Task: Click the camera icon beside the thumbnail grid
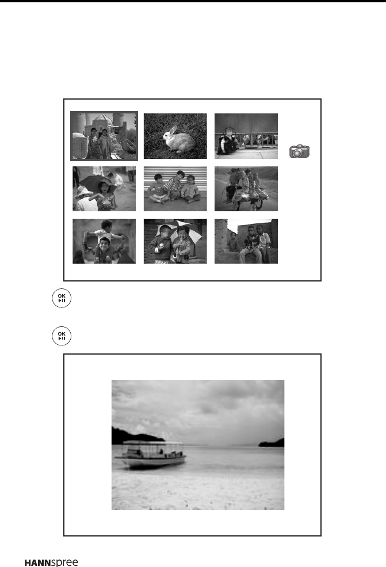pyautogui.click(x=300, y=151)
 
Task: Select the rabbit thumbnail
pyautogui.click(x=175, y=136)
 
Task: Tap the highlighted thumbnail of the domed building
pyautogui.click(x=104, y=136)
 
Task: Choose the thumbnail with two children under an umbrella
pyautogui.click(x=175, y=241)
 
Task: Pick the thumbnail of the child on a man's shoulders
pyautogui.click(x=104, y=241)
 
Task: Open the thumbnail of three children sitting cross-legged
pyautogui.click(x=175, y=189)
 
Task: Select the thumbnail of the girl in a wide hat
pyautogui.click(x=104, y=189)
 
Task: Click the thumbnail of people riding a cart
pyautogui.click(x=246, y=189)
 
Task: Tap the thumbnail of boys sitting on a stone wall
pyautogui.click(x=246, y=241)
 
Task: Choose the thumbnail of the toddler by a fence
pyautogui.click(x=246, y=136)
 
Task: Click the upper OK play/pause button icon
pyautogui.click(x=62, y=298)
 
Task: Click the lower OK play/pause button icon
pyautogui.click(x=62, y=336)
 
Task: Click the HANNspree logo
pyautogui.click(x=51, y=562)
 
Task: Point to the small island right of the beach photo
pyautogui.click(x=272, y=442)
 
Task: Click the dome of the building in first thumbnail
pyautogui.click(x=102, y=118)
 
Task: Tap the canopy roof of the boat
pyautogui.click(x=154, y=443)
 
